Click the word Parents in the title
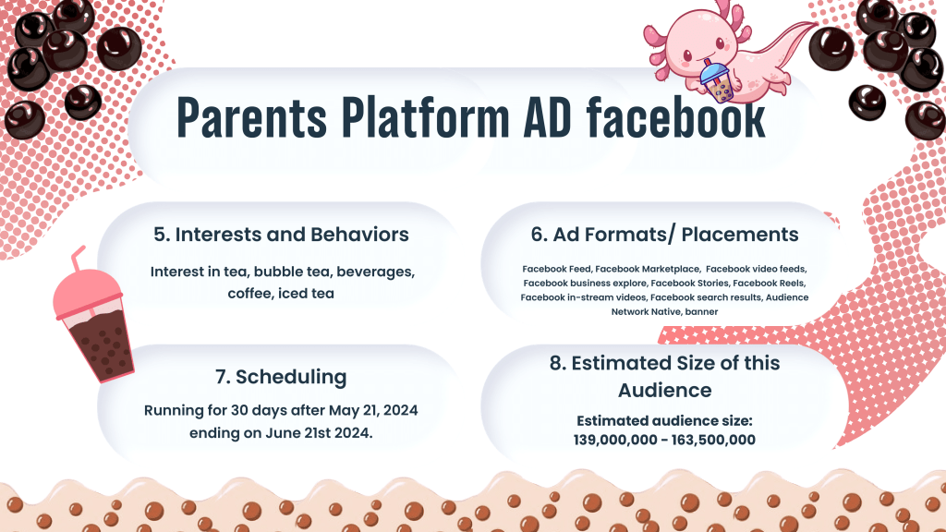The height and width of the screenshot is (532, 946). (x=251, y=117)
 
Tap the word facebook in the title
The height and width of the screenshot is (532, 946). (x=676, y=117)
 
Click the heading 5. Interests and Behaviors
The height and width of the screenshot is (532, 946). (x=281, y=234)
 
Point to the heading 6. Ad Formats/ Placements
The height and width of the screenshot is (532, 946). (x=665, y=234)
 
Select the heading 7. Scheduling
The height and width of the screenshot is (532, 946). (x=281, y=377)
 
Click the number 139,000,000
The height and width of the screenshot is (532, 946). (x=615, y=440)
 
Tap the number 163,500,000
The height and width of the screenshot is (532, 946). (x=713, y=440)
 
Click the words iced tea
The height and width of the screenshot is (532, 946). (x=306, y=293)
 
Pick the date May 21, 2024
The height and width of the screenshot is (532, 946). (x=373, y=411)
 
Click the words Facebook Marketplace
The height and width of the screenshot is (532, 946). (x=648, y=269)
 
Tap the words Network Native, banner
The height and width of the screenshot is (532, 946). (x=664, y=312)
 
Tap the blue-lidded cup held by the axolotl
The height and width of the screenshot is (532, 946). (x=716, y=82)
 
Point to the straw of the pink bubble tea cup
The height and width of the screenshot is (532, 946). (x=78, y=259)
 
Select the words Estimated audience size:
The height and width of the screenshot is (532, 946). (x=664, y=420)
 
